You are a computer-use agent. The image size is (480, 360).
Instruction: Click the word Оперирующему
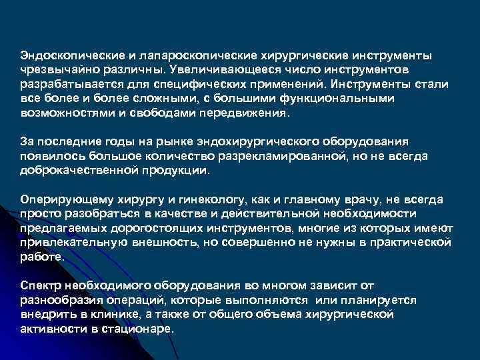[x=61, y=199]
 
